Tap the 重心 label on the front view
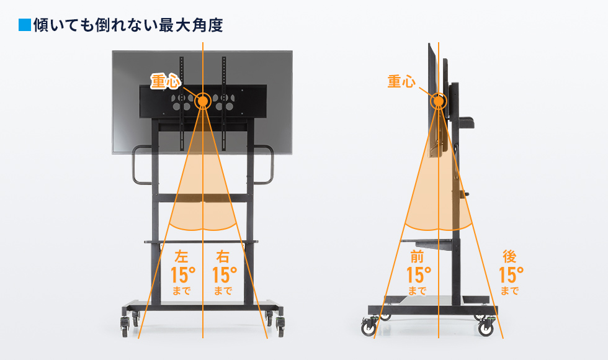(165, 82)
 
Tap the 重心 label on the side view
(401, 81)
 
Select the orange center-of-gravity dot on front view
(202, 101)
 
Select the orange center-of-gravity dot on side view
(439, 100)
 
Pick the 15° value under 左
(182, 274)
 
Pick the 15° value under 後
(511, 274)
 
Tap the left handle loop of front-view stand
(140, 165)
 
